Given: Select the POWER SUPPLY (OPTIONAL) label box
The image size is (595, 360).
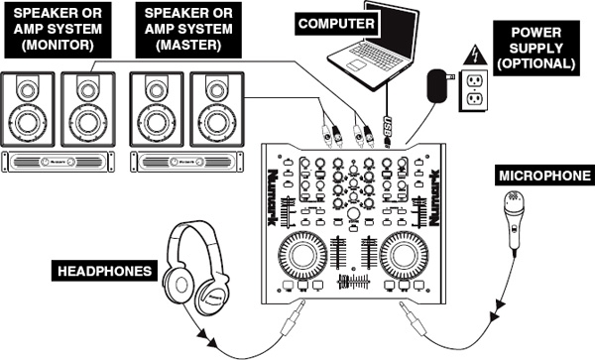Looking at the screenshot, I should [x=541, y=49].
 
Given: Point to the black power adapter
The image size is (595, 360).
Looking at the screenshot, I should [x=435, y=88].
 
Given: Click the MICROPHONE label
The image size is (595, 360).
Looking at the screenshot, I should [x=539, y=176].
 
